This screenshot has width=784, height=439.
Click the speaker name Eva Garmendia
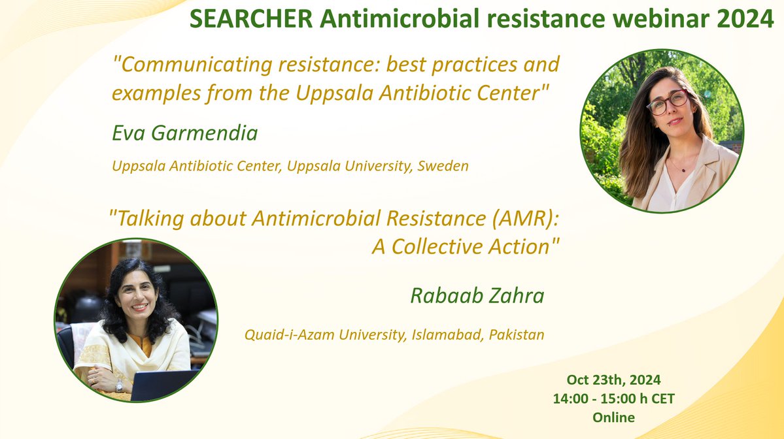185,134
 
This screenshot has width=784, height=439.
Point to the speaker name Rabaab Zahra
477,296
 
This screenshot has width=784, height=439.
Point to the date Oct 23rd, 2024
613,380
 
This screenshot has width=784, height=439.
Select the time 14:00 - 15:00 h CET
613,398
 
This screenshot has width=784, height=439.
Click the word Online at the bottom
613,416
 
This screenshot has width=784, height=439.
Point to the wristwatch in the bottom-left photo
119,386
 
